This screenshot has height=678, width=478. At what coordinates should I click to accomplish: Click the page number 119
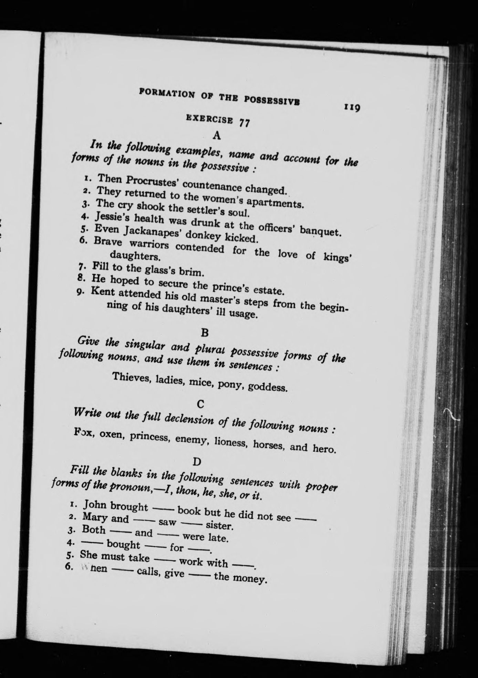(351, 108)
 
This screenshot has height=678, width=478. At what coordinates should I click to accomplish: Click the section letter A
(217, 135)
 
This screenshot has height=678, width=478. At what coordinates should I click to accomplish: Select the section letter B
(204, 333)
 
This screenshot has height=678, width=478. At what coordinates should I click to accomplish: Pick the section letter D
(198, 461)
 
